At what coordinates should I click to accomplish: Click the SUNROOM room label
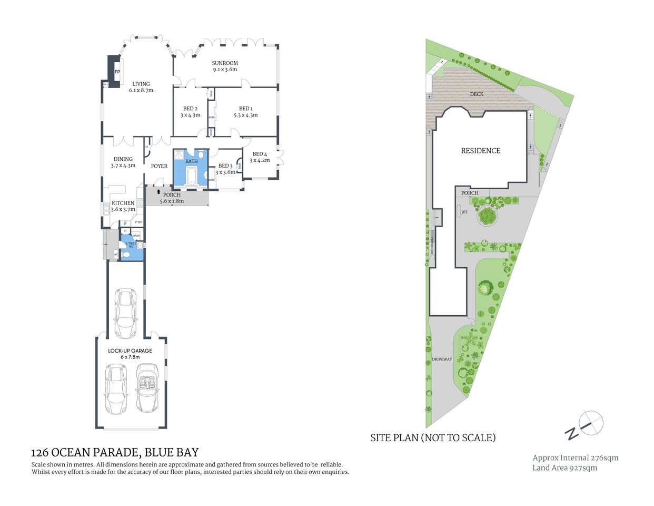pos(225,63)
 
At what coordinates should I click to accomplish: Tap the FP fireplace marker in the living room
pos(117,72)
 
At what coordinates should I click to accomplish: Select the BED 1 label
pos(245,109)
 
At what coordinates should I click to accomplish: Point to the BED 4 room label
pos(260,154)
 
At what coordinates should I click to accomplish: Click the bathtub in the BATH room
pos(191,176)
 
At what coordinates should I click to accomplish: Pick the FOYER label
pos(159,166)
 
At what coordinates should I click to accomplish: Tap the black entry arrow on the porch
pos(158,192)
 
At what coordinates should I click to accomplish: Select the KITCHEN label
pos(123,203)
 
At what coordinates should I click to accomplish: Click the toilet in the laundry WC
pos(125,255)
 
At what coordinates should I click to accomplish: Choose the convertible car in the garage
pos(147,387)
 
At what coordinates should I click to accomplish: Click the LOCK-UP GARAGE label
pos(130,351)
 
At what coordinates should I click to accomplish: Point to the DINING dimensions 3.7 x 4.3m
pos(123,166)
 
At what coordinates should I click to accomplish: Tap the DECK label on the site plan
pos(477,94)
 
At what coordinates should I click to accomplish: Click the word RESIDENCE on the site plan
pos(480,151)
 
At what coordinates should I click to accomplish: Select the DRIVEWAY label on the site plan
pos(442,359)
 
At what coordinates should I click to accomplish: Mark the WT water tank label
pos(464,212)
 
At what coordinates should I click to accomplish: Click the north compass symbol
pos(591,423)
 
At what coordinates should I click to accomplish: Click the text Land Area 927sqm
pos(564,468)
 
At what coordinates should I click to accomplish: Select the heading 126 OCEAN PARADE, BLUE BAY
pos(115,452)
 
